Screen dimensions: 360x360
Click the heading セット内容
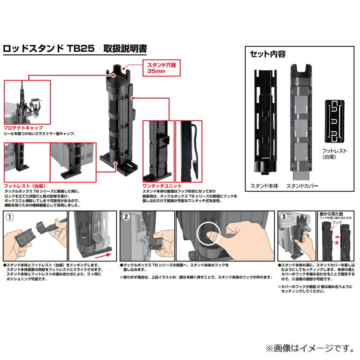tap(267, 54)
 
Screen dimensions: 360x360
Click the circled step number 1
tap(9, 217)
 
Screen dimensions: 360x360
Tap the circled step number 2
tap(126, 217)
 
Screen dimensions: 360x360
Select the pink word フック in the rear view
tap(336, 222)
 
